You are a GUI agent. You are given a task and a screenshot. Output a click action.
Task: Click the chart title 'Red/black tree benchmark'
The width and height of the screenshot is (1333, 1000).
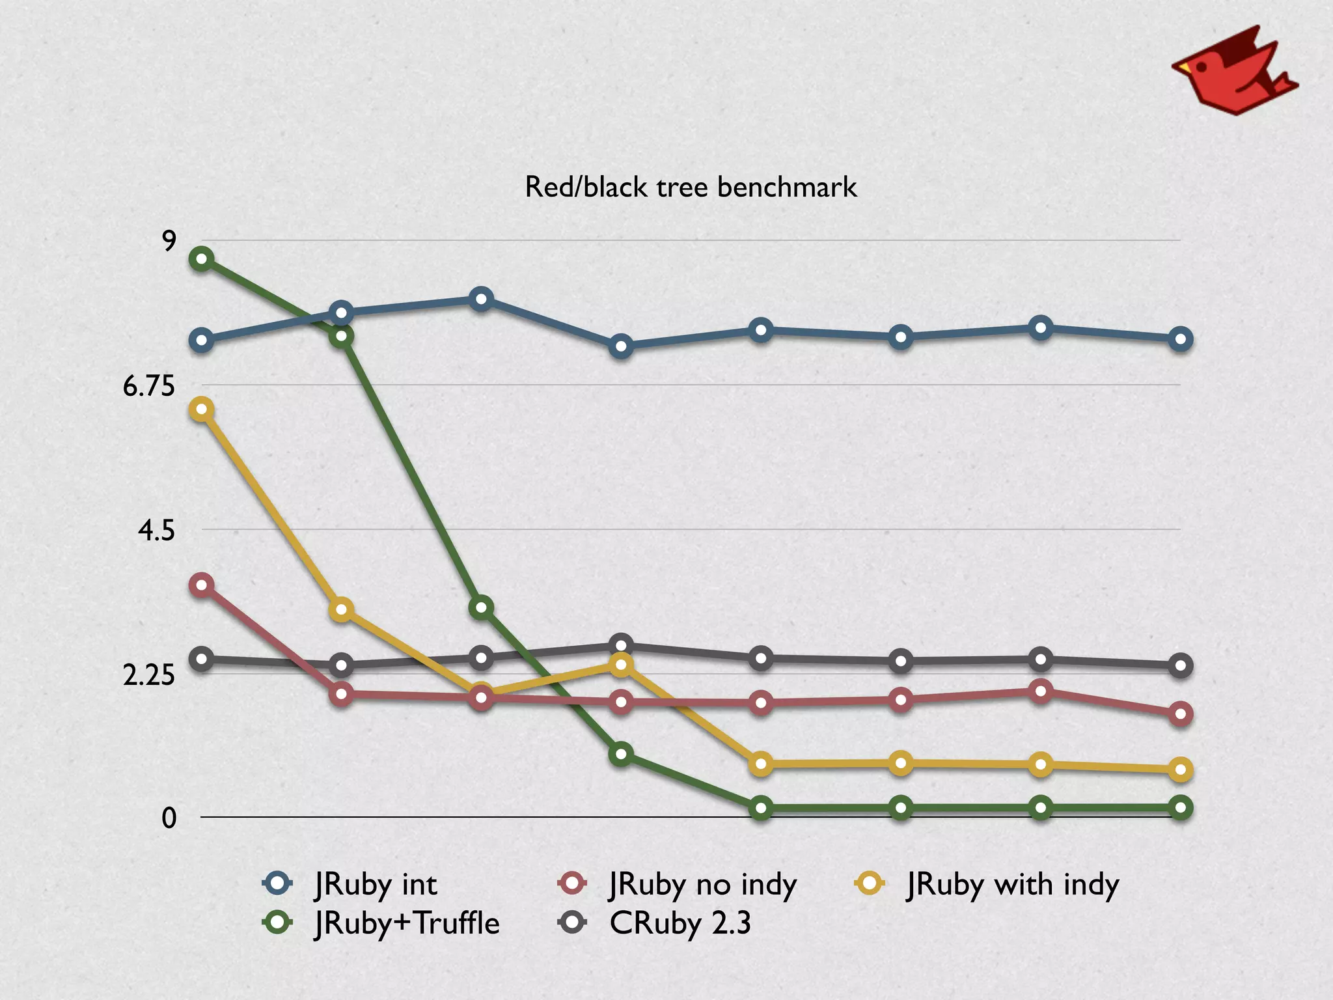(x=691, y=187)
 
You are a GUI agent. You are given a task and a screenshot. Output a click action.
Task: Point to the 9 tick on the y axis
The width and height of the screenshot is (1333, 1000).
(x=169, y=242)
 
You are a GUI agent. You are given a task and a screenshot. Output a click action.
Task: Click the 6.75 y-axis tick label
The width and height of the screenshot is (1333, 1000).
(x=149, y=387)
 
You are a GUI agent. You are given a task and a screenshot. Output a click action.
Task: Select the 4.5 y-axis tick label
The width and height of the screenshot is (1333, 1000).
(x=156, y=531)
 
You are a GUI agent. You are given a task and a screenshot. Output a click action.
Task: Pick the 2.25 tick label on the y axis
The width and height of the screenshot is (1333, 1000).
(x=149, y=676)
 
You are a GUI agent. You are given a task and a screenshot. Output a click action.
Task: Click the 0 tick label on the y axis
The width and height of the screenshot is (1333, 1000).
(x=169, y=818)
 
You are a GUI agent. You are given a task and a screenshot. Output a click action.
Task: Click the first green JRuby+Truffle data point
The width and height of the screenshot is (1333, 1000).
(x=202, y=259)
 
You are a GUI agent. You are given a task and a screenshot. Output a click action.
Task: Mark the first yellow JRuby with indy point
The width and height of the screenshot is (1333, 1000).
(x=202, y=410)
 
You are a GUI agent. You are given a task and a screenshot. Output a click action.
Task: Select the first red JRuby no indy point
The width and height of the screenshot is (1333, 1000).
(x=202, y=585)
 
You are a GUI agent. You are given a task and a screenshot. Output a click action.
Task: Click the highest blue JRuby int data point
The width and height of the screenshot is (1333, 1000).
(x=481, y=299)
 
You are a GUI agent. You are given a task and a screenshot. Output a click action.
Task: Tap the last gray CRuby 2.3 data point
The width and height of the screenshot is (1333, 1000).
(x=1181, y=666)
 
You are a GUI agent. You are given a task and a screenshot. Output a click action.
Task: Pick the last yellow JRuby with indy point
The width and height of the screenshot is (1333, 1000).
(x=1181, y=770)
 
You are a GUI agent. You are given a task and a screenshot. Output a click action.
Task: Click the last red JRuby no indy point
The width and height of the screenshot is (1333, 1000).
(x=1181, y=714)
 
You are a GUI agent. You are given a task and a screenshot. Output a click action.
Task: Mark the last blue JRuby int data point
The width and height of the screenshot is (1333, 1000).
(x=1181, y=339)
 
